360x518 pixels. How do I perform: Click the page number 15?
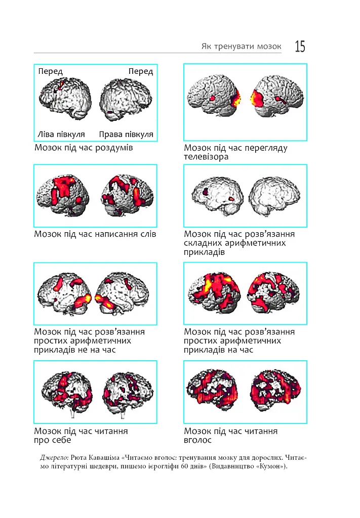(300, 46)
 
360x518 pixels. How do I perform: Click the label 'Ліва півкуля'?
(61, 135)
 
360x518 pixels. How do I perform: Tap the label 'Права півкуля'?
(126, 135)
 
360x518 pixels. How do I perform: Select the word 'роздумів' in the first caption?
(114, 148)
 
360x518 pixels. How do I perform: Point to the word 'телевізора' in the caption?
(206, 157)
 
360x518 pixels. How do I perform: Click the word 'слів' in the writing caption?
(148, 234)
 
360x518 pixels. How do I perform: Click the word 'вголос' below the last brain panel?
(197, 441)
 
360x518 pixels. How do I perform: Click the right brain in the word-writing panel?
(128, 195)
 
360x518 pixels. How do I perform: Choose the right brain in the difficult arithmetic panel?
(274, 196)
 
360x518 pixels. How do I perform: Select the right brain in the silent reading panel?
(128, 393)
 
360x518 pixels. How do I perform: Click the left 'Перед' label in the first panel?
(50, 71)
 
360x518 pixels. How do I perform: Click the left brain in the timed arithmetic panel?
(214, 292)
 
